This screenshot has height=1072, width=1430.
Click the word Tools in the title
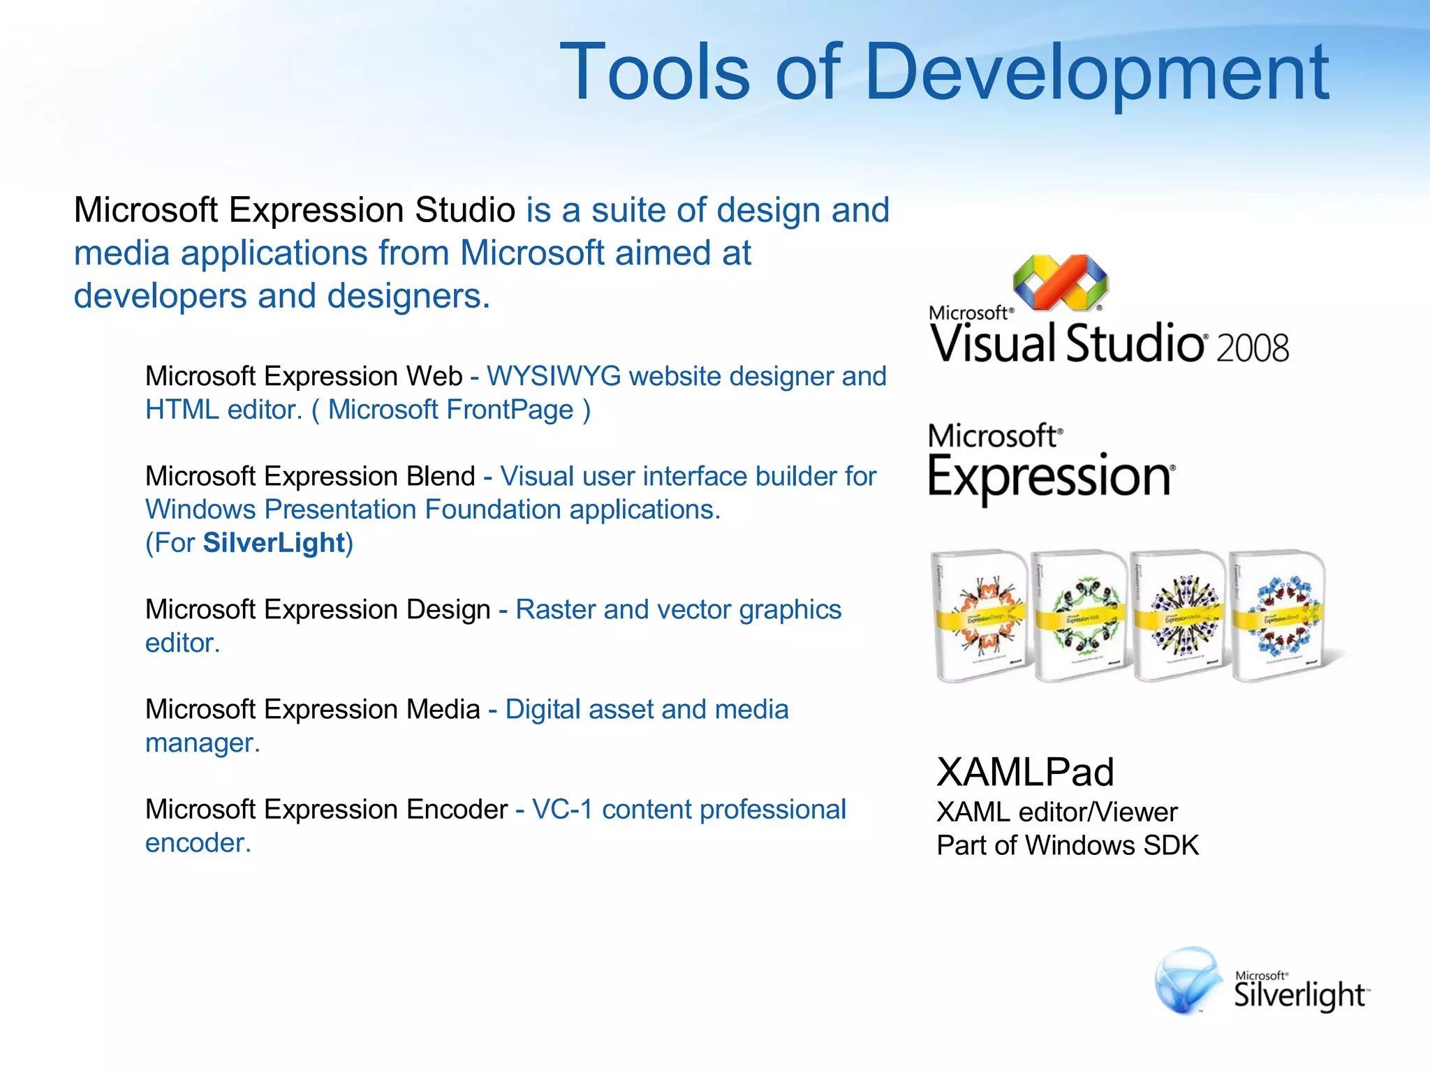tap(655, 72)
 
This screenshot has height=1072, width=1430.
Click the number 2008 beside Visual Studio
tap(1252, 348)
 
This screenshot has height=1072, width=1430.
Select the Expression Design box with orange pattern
tap(980, 615)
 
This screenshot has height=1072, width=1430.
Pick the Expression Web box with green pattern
tap(1079, 616)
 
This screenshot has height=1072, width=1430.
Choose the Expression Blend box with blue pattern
tap(1277, 615)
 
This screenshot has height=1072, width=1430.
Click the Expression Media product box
tap(1179, 616)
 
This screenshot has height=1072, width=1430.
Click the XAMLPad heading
tap(1024, 772)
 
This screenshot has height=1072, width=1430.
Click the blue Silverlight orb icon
tap(1187, 981)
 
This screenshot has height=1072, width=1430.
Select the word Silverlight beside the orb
tap(1299, 995)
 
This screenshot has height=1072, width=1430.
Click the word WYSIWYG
tap(554, 376)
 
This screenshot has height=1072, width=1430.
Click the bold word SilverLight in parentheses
tap(274, 543)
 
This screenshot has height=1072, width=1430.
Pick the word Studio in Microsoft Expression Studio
tap(465, 210)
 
